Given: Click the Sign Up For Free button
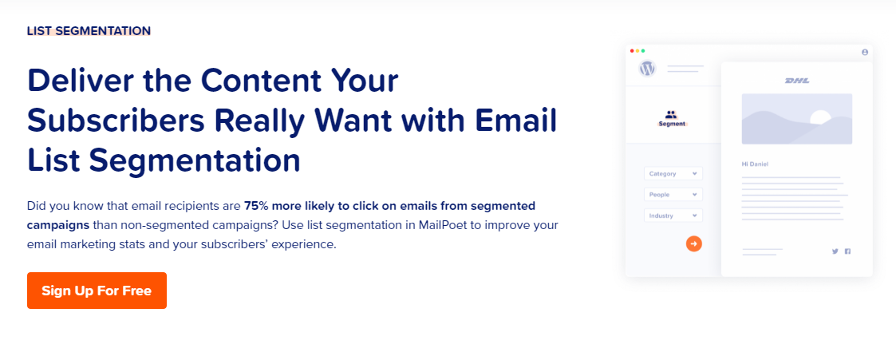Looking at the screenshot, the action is (97, 291).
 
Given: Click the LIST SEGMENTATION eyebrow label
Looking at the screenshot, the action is (89, 31).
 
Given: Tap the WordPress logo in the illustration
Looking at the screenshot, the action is (647, 69).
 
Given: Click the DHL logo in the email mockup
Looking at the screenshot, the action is (796, 81).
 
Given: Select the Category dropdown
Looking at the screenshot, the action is (673, 174).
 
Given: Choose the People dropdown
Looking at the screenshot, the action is (673, 195).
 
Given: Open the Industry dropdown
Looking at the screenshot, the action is (673, 216).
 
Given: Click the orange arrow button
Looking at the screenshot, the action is (693, 243).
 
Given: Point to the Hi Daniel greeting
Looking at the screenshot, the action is (755, 164).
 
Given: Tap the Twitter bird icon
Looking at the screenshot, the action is (835, 251).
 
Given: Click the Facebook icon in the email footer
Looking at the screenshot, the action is (847, 251).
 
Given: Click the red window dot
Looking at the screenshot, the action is (632, 51).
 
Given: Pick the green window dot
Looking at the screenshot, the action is (643, 51).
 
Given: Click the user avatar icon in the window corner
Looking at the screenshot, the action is (865, 52).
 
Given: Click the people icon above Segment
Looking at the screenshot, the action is (671, 114).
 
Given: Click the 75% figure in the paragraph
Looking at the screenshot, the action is (256, 206).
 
